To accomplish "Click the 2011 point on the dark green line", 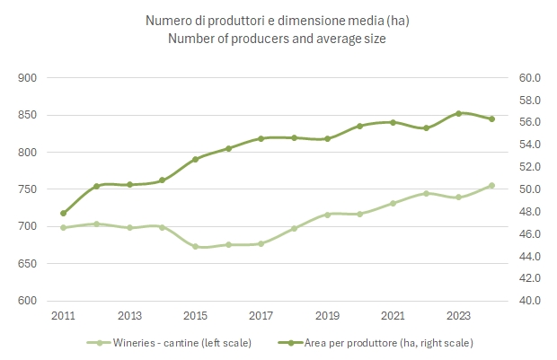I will click(63, 214).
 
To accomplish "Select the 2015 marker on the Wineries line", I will click(195, 246).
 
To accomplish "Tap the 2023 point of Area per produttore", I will click(458, 113).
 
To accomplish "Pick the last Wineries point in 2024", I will click(491, 186).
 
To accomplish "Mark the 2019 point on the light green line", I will click(327, 215).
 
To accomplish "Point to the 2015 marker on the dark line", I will click(195, 159).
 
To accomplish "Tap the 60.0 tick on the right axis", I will click(529, 78).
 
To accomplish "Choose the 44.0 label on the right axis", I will click(529, 257).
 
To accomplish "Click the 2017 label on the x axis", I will click(261, 315).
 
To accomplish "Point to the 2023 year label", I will click(458, 315).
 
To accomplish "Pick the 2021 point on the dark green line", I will click(393, 122).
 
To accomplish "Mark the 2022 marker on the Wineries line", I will click(426, 193).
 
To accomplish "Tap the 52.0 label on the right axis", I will click(529, 167).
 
